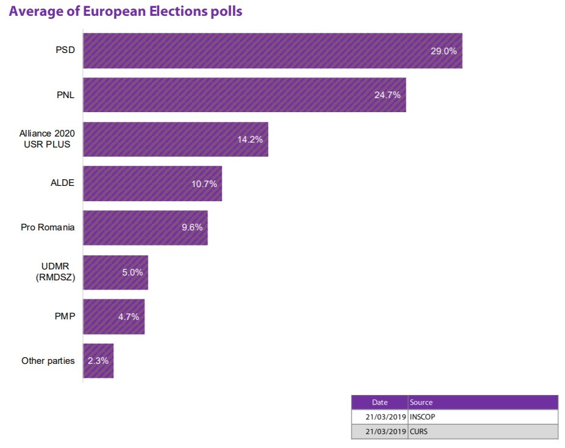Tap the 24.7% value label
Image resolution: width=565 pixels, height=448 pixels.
click(x=387, y=95)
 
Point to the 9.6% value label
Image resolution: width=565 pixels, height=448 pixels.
click(x=192, y=227)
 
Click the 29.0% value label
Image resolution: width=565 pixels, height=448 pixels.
click(x=443, y=51)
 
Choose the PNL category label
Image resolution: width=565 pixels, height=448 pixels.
click(x=65, y=94)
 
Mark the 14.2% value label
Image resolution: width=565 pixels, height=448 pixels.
click(x=250, y=140)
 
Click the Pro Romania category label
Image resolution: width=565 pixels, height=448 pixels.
click(x=48, y=227)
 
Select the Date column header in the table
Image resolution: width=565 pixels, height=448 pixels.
click(x=380, y=402)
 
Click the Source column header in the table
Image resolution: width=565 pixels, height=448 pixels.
click(x=421, y=402)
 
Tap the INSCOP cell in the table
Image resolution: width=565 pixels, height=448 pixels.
click(x=423, y=417)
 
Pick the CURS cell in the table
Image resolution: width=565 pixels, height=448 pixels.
click(x=420, y=432)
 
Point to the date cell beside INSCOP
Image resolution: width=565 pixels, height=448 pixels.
click(x=380, y=417)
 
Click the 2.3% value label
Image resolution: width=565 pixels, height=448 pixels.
click(x=98, y=361)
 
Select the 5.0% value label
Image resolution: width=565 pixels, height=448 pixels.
click(x=132, y=272)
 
